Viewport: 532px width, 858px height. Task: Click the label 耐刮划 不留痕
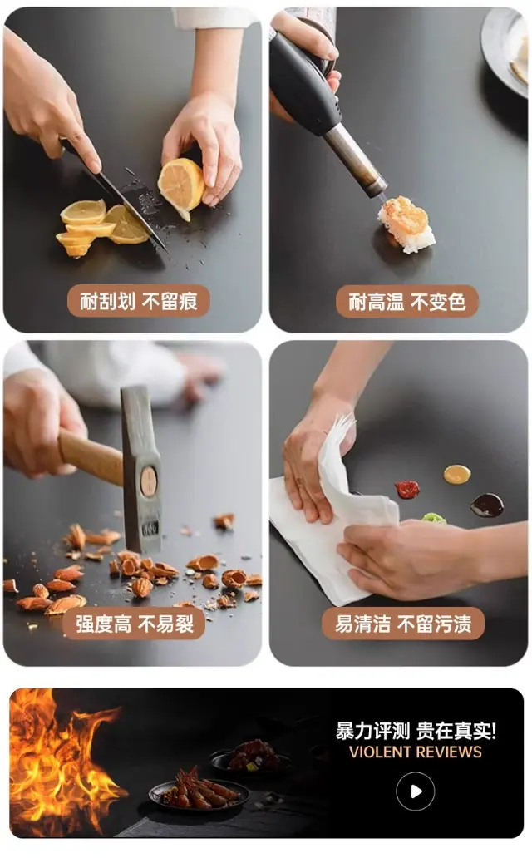pyautogui.click(x=139, y=302)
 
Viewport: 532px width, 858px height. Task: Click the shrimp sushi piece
pyautogui.click(x=406, y=224)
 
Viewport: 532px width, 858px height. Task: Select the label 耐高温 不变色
pyautogui.click(x=406, y=302)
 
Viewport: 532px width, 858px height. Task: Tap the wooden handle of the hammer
pyautogui.click(x=91, y=458)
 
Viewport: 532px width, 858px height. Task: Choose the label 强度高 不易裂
pyautogui.click(x=135, y=624)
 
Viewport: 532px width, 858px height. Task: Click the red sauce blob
pyautogui.click(x=407, y=489)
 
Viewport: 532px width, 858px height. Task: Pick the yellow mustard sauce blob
pyautogui.click(x=457, y=475)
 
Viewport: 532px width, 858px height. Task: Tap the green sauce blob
pyautogui.click(x=433, y=518)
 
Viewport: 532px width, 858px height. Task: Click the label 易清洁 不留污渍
pyautogui.click(x=403, y=624)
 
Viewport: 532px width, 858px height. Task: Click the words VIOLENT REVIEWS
pyautogui.click(x=416, y=752)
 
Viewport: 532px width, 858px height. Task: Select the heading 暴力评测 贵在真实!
pyautogui.click(x=416, y=731)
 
